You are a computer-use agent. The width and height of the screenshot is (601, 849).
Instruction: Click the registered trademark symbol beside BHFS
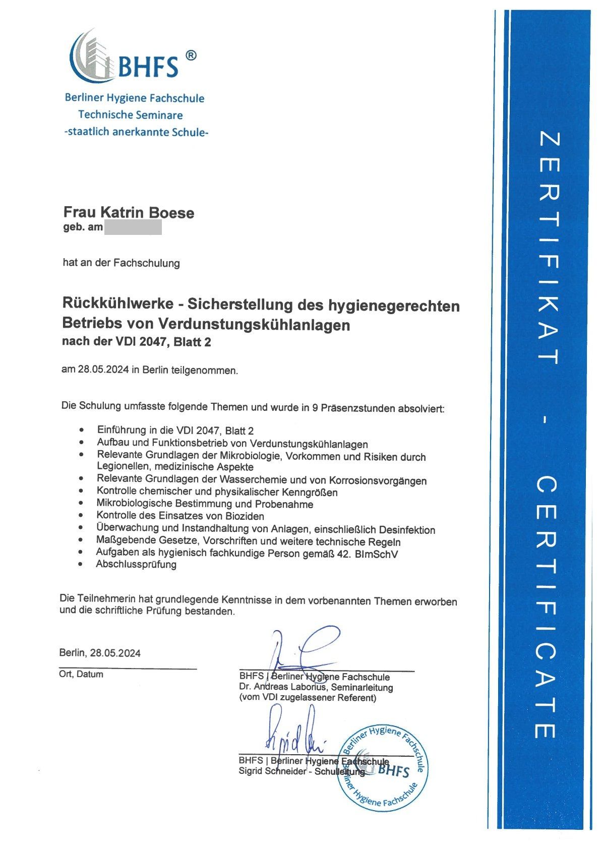point(191,55)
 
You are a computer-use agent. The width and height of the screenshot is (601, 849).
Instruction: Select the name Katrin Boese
point(143,213)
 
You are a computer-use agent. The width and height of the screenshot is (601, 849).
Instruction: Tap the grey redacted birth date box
point(133,227)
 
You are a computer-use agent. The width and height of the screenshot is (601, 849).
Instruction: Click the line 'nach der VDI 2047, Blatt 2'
point(136,342)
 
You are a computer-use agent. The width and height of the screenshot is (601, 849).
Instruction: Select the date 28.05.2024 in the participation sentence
point(104,370)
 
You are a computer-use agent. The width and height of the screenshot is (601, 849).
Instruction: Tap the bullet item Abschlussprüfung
point(136,564)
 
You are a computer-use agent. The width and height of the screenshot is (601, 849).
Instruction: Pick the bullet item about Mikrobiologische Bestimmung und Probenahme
point(205,504)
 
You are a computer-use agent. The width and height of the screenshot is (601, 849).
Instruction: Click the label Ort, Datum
point(81,674)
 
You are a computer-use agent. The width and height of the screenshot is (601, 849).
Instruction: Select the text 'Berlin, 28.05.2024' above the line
point(100,653)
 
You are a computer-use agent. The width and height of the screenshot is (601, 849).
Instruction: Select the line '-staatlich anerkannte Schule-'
point(136,133)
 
